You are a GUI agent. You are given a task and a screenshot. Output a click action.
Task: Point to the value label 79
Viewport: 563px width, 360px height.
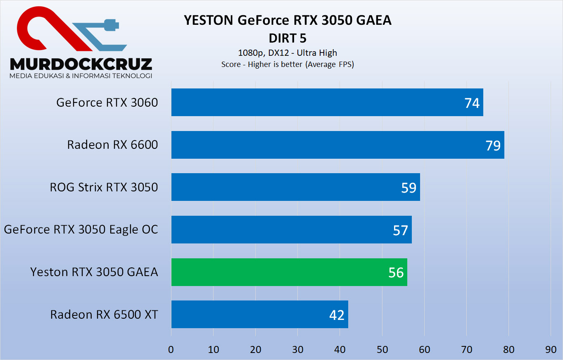pos(493,145)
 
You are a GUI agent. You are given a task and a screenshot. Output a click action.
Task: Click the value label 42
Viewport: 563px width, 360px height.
pos(337,315)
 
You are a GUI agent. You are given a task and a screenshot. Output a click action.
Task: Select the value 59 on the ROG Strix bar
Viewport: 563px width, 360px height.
pos(409,188)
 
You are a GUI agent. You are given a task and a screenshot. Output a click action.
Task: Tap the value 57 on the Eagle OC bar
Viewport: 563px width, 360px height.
pos(400,230)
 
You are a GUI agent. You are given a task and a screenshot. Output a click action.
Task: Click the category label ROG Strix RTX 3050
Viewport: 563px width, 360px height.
pos(104,187)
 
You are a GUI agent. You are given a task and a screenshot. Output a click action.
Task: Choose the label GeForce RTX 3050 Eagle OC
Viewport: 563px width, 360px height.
pos(81,229)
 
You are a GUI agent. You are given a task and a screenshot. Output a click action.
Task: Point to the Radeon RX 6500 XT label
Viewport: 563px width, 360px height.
pos(104,315)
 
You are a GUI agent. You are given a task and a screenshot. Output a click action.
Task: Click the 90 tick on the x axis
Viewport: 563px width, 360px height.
pos(551,349)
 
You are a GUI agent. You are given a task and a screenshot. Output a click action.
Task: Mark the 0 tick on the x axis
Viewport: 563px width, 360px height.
pos(171,349)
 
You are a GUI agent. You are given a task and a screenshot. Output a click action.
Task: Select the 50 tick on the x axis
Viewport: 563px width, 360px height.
pos(382,349)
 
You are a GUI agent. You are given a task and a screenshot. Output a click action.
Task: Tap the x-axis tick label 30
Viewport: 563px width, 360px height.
pos(298,349)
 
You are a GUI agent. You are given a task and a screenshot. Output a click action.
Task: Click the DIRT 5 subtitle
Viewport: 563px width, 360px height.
pos(287,38)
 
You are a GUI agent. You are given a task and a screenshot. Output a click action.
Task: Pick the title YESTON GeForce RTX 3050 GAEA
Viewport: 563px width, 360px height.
pos(287,20)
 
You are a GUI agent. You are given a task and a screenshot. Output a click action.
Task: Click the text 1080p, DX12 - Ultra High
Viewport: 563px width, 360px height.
pos(287,53)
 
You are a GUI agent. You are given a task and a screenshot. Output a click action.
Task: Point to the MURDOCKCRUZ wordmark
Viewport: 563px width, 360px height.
pos(81,64)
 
